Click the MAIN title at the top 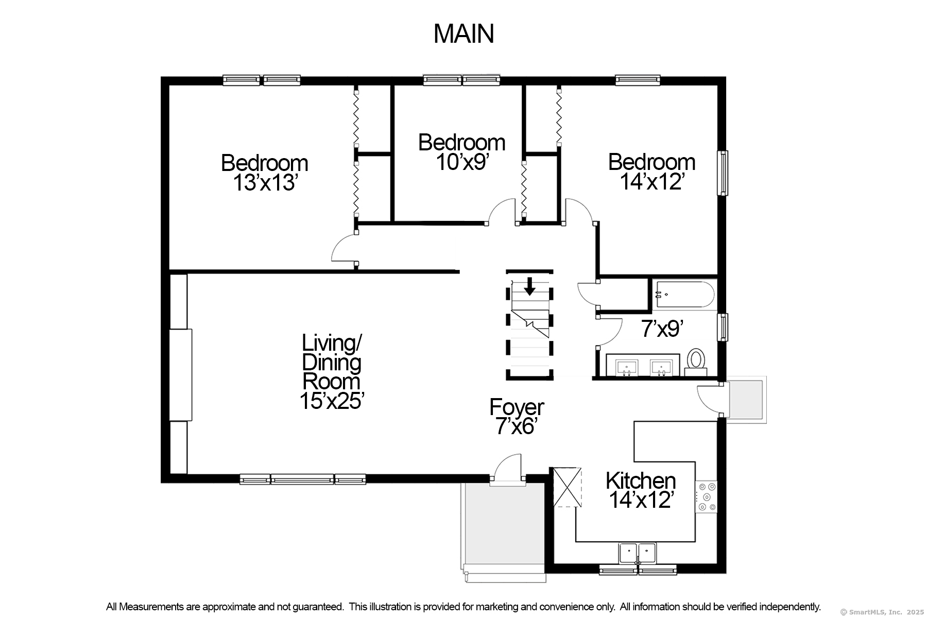click(x=463, y=33)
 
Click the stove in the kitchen click(x=706, y=497)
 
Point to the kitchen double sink click(x=638, y=554)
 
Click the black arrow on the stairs click(x=529, y=286)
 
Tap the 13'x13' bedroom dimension click(x=265, y=183)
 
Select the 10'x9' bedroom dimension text click(x=462, y=162)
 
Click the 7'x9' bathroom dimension click(x=662, y=329)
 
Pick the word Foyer click(x=517, y=407)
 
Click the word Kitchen click(x=641, y=480)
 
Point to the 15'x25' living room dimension click(x=332, y=401)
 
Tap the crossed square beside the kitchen click(x=567, y=487)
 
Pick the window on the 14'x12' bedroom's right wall click(x=723, y=173)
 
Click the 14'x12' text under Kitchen click(x=641, y=500)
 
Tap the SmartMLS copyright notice click(x=882, y=612)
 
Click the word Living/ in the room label click(x=332, y=342)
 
